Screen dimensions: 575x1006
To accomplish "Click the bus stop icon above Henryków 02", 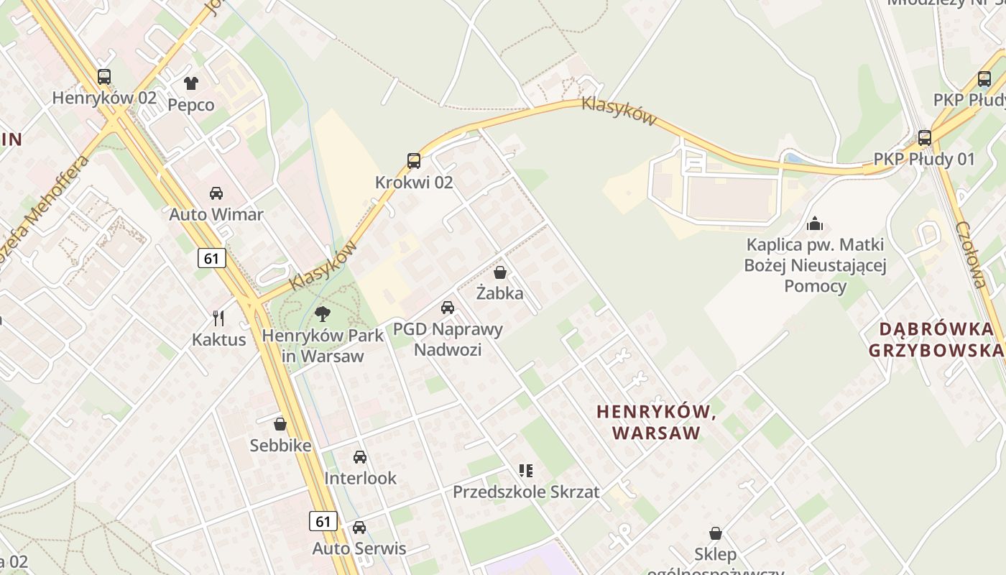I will (x=104, y=77).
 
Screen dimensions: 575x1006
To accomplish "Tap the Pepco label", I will (x=190, y=105).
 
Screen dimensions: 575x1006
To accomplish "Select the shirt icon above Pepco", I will (x=190, y=83).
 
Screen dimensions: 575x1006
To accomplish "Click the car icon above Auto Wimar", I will (x=216, y=193).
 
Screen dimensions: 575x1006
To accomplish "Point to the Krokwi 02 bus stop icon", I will (x=414, y=161).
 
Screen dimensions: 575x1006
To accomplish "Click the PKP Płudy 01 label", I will (x=924, y=159).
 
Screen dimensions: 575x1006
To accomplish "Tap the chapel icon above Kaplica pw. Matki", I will (x=814, y=224).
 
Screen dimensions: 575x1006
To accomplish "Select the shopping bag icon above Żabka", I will (x=500, y=272).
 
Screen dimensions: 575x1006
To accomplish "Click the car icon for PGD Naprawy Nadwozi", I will (x=448, y=308).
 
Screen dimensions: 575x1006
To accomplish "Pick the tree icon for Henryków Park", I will (x=323, y=313).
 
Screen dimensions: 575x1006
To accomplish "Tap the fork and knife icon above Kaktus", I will (x=219, y=318).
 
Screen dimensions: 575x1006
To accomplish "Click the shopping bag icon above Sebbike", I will (x=280, y=424).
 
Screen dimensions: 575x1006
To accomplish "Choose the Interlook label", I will (x=360, y=478).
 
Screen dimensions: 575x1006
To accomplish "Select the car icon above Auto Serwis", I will (x=359, y=528).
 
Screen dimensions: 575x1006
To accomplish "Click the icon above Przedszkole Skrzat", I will (x=526, y=471).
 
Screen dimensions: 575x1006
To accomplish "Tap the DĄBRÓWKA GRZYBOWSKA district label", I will (x=936, y=340).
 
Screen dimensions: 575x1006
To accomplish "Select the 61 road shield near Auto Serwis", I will (x=324, y=520).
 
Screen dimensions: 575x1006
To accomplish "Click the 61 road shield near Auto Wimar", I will (x=211, y=257).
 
